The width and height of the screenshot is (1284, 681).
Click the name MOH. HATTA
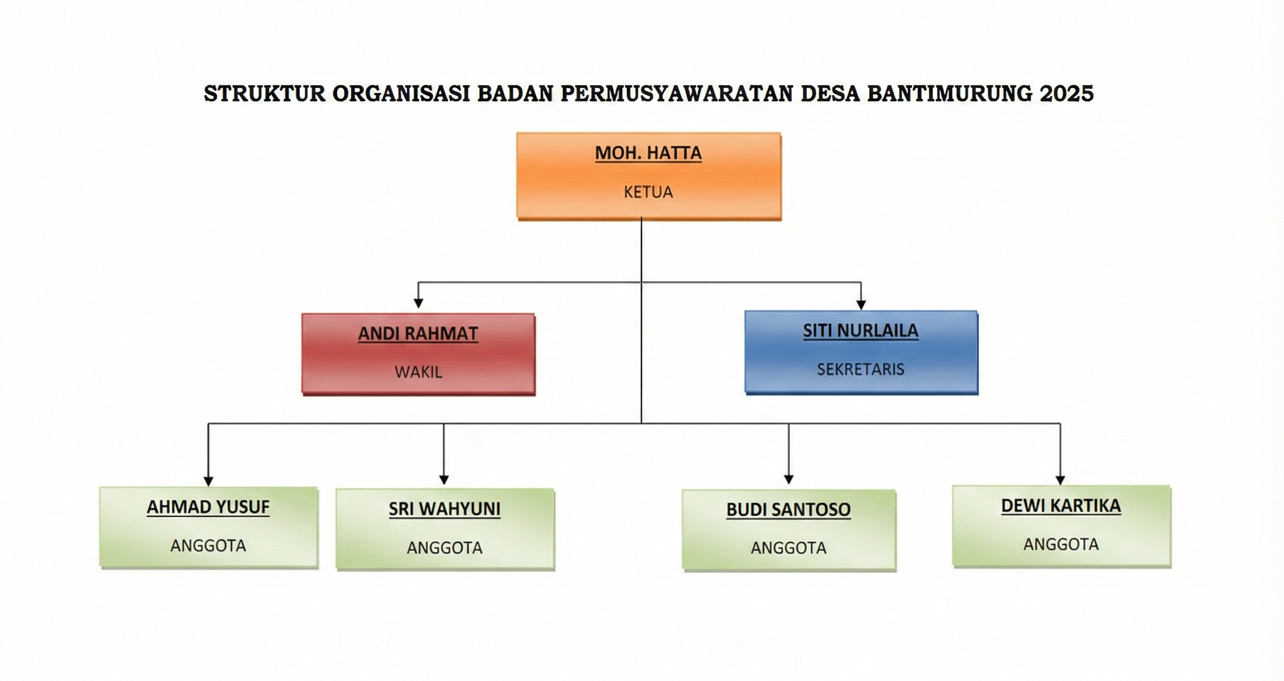point(648,153)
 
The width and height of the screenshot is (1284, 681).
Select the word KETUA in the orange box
point(648,192)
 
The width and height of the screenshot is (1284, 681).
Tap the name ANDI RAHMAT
point(418,334)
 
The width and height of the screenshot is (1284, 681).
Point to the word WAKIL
point(418,372)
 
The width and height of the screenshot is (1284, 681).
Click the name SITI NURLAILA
point(861,330)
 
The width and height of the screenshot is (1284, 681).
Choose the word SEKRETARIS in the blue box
point(861,369)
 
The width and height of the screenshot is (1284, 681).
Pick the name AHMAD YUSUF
point(208,507)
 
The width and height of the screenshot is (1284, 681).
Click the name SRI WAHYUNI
point(445,509)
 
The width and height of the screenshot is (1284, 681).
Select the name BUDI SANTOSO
point(788,509)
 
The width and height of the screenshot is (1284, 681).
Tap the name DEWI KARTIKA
point(1061,506)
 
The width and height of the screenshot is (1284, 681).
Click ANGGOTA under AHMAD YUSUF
point(208,546)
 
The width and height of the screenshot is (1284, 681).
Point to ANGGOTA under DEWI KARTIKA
point(1061,544)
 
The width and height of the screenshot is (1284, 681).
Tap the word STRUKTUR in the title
point(265,93)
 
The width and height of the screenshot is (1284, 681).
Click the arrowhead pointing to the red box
point(418,303)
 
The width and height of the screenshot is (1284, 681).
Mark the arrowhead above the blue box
point(861,305)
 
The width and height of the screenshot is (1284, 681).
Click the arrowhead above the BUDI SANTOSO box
point(789,479)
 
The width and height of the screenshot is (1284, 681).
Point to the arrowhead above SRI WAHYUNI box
point(444,479)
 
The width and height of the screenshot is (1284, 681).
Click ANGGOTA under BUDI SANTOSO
point(789,548)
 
